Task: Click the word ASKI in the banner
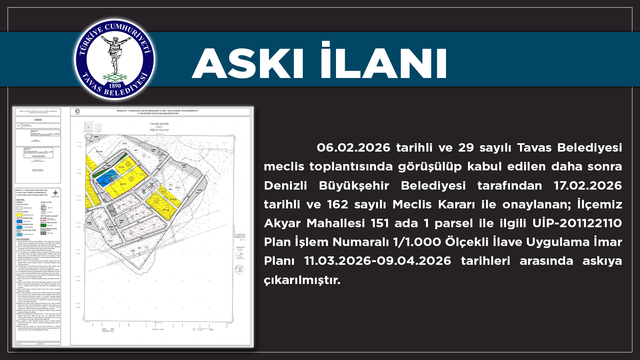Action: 248,64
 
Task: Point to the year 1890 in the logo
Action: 115,85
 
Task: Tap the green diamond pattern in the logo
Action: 115,76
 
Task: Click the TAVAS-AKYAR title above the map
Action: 159,124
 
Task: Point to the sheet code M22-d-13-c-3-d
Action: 159,130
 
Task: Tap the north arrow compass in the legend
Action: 56,192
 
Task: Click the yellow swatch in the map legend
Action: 19,215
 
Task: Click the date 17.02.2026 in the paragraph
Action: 588,186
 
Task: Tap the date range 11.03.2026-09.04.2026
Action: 378,261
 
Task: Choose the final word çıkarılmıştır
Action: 302,280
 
